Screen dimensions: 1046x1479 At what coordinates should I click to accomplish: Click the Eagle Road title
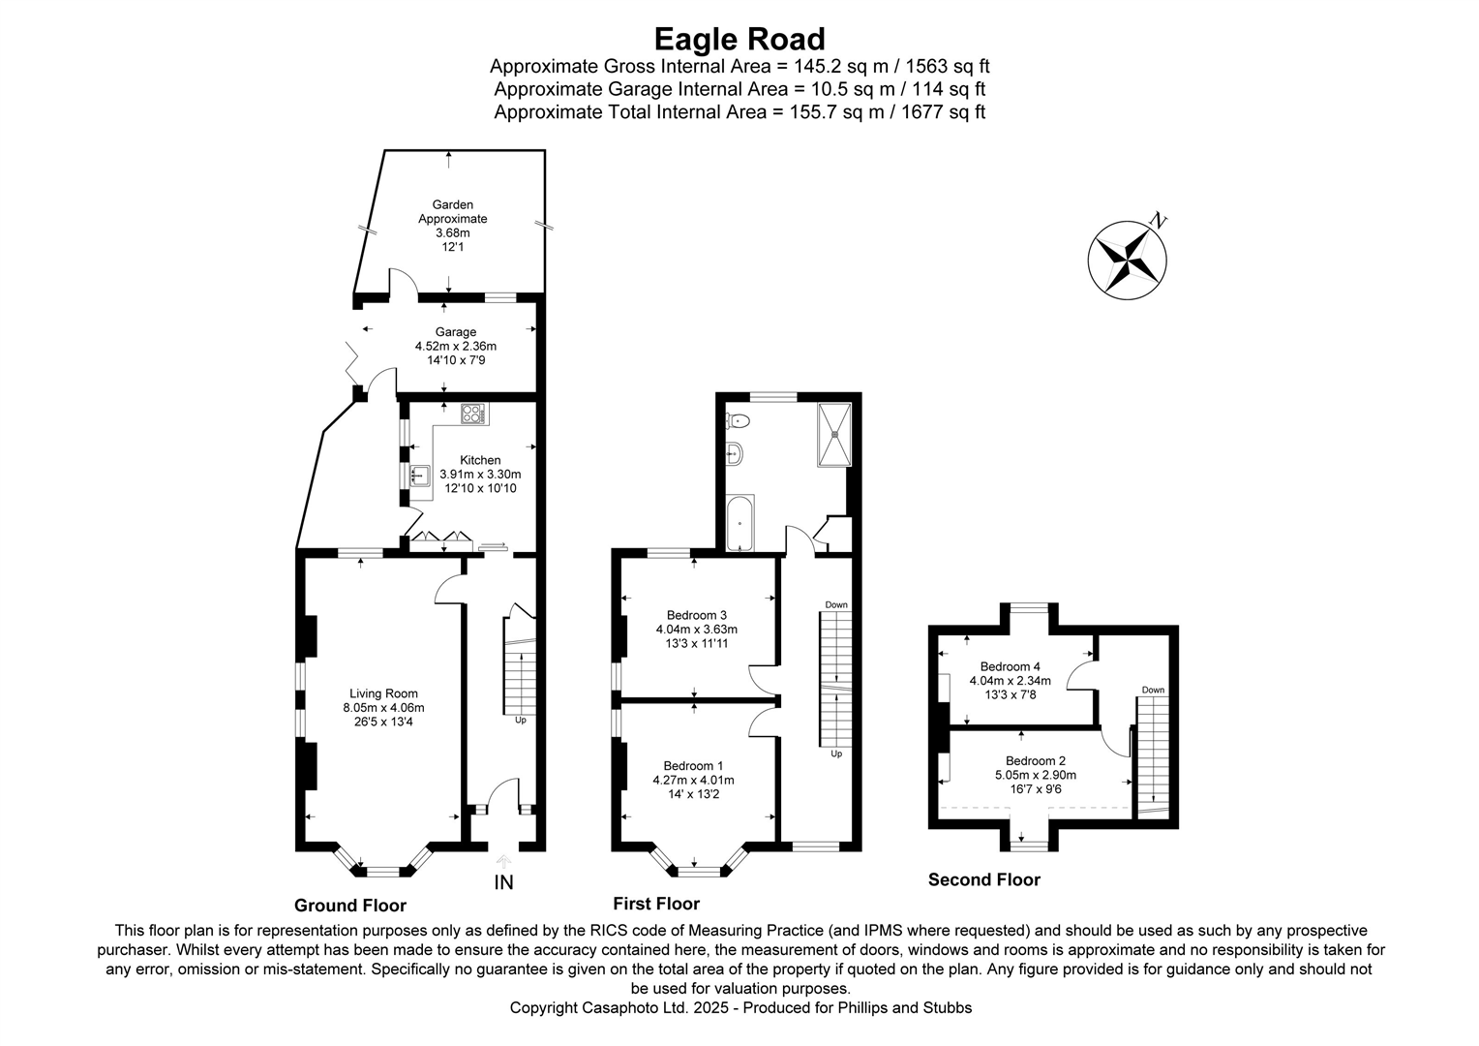tap(739, 39)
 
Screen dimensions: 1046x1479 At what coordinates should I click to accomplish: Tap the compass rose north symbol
tap(1128, 258)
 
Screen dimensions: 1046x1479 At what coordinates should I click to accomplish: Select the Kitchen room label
tap(480, 460)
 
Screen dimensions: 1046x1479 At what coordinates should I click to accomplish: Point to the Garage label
tap(454, 332)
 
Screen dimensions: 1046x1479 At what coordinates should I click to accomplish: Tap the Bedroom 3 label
tap(696, 615)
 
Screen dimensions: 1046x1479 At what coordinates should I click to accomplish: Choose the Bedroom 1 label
tap(693, 766)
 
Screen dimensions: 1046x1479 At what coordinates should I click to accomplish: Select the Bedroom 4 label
tap(1010, 666)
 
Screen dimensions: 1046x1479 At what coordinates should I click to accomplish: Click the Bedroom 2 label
tap(1035, 760)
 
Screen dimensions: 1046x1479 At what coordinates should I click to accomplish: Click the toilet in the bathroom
tap(738, 420)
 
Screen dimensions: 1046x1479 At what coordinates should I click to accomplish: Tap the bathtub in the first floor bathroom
tap(739, 523)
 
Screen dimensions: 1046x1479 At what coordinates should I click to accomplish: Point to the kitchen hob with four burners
tap(474, 414)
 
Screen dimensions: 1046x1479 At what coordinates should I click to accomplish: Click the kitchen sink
tap(420, 476)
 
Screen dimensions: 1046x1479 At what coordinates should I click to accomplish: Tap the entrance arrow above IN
tap(503, 861)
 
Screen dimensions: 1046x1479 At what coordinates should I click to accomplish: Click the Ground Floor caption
tap(350, 906)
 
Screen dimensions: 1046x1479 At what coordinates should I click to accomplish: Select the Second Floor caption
tap(983, 879)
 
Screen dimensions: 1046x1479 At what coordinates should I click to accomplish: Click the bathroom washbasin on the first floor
tap(734, 451)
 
